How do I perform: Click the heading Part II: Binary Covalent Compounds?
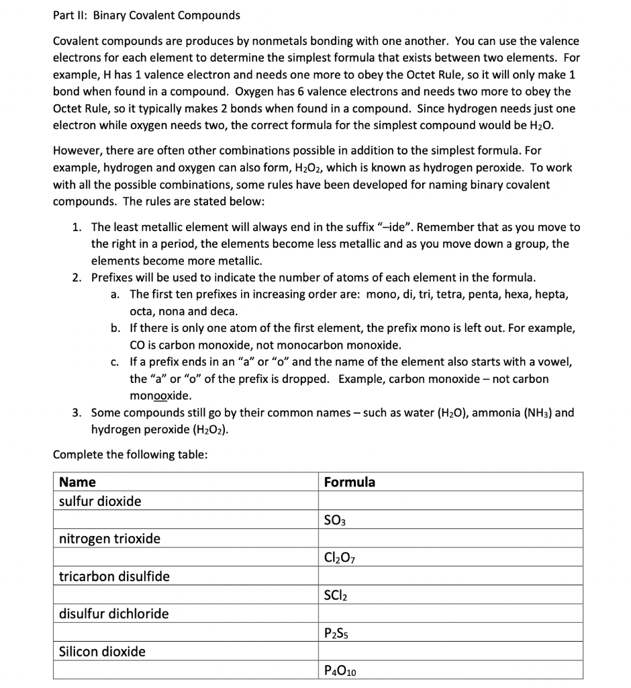click(146, 15)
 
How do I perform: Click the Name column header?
click(77, 482)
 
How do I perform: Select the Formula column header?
click(349, 482)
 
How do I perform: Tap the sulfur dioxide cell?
click(100, 501)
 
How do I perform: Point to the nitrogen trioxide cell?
click(109, 539)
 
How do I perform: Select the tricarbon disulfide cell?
click(114, 576)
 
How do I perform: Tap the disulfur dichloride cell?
click(113, 613)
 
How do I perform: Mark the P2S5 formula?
click(337, 633)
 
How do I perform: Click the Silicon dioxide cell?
click(102, 651)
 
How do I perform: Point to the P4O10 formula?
click(340, 670)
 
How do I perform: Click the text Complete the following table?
click(130, 455)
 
